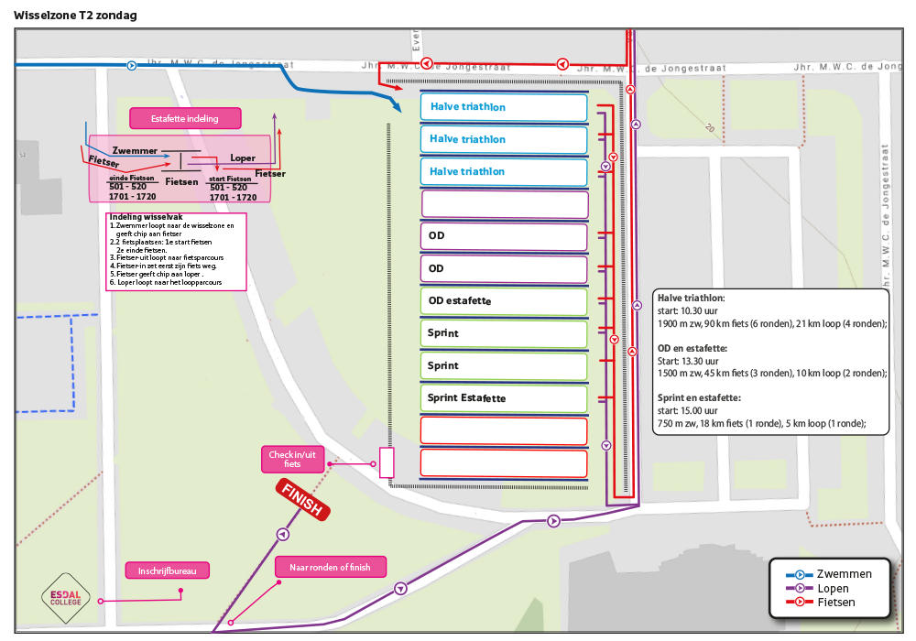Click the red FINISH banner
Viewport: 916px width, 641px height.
click(302, 500)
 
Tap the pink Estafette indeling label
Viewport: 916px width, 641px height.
click(185, 118)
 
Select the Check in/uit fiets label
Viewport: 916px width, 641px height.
click(292, 460)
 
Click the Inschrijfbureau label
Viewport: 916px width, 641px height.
click(168, 570)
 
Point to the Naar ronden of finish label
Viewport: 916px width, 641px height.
click(330, 567)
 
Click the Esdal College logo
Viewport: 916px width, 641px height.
click(66, 599)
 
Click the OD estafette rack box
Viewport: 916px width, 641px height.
click(503, 301)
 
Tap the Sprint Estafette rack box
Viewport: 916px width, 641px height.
click(503, 398)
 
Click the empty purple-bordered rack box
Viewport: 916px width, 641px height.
click(503, 204)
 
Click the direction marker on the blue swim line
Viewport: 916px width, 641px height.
click(131, 65)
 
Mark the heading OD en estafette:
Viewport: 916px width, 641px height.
click(692, 348)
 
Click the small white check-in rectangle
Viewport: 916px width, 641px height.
click(387, 462)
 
